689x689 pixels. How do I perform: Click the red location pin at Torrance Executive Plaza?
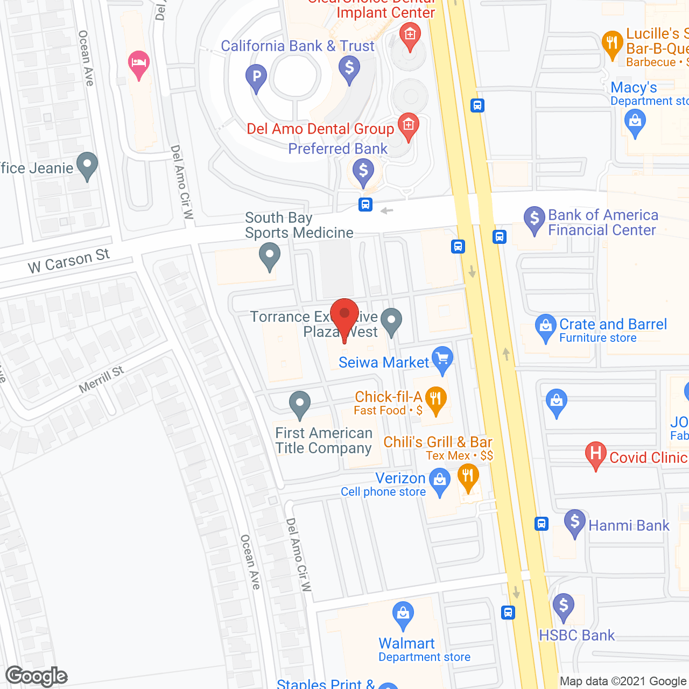pos(344,315)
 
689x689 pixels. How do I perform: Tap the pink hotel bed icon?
pos(139,64)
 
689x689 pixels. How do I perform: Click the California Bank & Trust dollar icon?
pos(349,69)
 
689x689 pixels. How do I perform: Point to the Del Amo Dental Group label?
pos(320,129)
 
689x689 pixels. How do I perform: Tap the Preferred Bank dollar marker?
pos(363,172)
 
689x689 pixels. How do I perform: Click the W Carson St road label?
pos(69,261)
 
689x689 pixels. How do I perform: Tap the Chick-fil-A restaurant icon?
pos(435,399)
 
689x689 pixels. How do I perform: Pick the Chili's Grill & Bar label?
pos(438,442)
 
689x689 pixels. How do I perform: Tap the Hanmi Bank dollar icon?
pos(574,522)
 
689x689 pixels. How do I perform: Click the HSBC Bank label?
pos(576,635)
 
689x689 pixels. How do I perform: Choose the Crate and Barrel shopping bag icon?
pos(546,326)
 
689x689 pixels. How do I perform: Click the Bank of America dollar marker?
pos(535,219)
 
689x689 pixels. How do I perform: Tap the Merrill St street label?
pos(101,379)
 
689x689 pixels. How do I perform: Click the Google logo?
pos(37,676)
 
